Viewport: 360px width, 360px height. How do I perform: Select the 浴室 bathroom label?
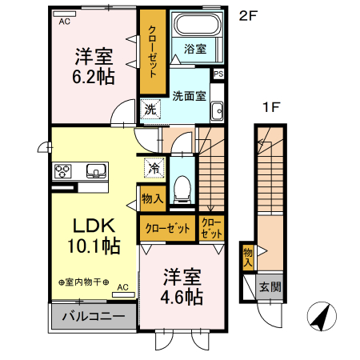pyautogui.click(x=194, y=49)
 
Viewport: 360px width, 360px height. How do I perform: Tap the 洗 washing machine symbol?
pyautogui.click(x=150, y=110)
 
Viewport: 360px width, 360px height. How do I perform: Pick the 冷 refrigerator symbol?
pyautogui.click(x=154, y=169)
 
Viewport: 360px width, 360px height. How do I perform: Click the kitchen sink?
pyautogui.click(x=97, y=170)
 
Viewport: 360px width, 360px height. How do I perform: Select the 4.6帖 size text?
pyautogui.click(x=182, y=297)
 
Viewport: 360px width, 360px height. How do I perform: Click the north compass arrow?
pyautogui.click(x=322, y=318)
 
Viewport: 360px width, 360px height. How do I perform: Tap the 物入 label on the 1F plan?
pyautogui.click(x=248, y=258)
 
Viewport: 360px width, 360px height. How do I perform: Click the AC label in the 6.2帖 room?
pyautogui.click(x=64, y=22)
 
